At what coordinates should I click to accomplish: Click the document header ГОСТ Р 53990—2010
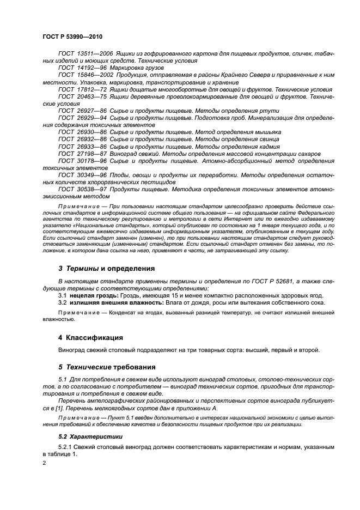coord(72,37)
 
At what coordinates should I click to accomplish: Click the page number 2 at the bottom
coord(45,463)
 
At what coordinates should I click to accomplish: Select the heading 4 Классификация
coord(90,338)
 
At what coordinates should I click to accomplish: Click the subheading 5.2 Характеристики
coord(90,436)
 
